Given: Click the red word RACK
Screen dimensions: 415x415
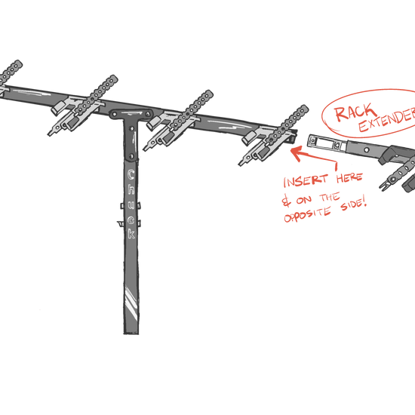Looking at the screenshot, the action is click(x=355, y=112).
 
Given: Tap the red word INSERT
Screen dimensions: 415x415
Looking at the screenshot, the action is click(x=306, y=181).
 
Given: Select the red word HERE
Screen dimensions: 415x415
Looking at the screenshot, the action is click(x=349, y=178).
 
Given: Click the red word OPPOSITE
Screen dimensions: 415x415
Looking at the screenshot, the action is click(x=307, y=215).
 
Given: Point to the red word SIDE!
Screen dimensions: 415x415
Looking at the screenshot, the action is click(x=354, y=204).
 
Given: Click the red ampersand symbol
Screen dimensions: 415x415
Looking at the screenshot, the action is click(x=287, y=201).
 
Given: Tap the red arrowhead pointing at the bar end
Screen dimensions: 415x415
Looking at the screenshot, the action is click(x=298, y=152).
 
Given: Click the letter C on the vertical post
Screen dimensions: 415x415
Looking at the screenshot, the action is click(x=131, y=175).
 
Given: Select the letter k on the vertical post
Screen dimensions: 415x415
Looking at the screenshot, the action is click(x=131, y=234).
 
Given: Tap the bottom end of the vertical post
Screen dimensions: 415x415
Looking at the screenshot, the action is click(x=131, y=334).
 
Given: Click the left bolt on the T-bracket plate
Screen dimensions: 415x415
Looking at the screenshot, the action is click(x=115, y=115).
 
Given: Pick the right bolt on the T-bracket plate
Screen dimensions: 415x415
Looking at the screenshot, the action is click(x=148, y=115).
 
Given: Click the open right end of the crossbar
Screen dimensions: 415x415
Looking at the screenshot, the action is click(x=294, y=135).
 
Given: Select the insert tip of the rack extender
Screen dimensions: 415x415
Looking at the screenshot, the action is click(x=311, y=140).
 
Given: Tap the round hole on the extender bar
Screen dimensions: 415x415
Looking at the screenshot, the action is click(x=367, y=150).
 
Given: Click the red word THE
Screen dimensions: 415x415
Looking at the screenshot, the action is click(x=330, y=198).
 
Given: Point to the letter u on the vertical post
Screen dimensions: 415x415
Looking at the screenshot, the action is click(x=131, y=205).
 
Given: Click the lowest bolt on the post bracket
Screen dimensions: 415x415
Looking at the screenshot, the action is click(x=131, y=155).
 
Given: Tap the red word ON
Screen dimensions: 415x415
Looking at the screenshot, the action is click(x=304, y=200).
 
